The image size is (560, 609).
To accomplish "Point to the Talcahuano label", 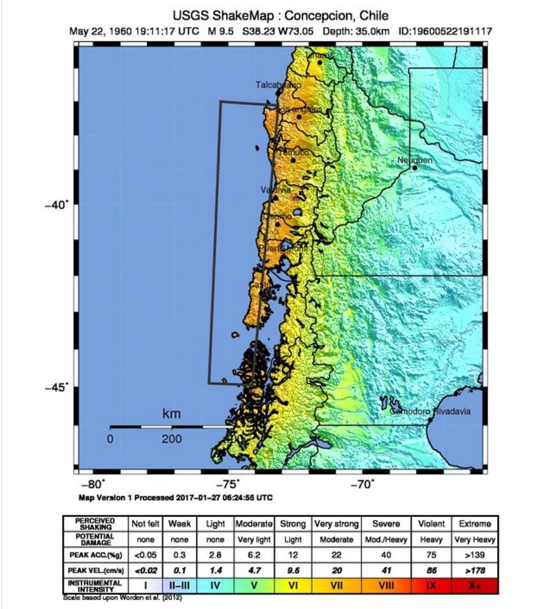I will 278,84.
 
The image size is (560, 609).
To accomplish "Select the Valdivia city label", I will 276,189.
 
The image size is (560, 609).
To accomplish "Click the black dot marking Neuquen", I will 414,167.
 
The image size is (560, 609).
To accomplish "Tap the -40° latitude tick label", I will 57,204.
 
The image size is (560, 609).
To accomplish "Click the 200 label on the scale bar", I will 171,440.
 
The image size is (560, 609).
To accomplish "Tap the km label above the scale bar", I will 171,414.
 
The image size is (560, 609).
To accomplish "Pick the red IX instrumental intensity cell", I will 430,585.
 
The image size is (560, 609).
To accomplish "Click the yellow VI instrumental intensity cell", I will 293,585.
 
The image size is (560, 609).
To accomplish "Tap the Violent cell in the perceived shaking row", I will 430,524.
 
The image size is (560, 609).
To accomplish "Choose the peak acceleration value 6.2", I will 254,554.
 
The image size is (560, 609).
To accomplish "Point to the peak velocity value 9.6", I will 293,570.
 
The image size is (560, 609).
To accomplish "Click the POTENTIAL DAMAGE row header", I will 95,538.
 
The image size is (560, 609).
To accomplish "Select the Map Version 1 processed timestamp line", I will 175,497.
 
